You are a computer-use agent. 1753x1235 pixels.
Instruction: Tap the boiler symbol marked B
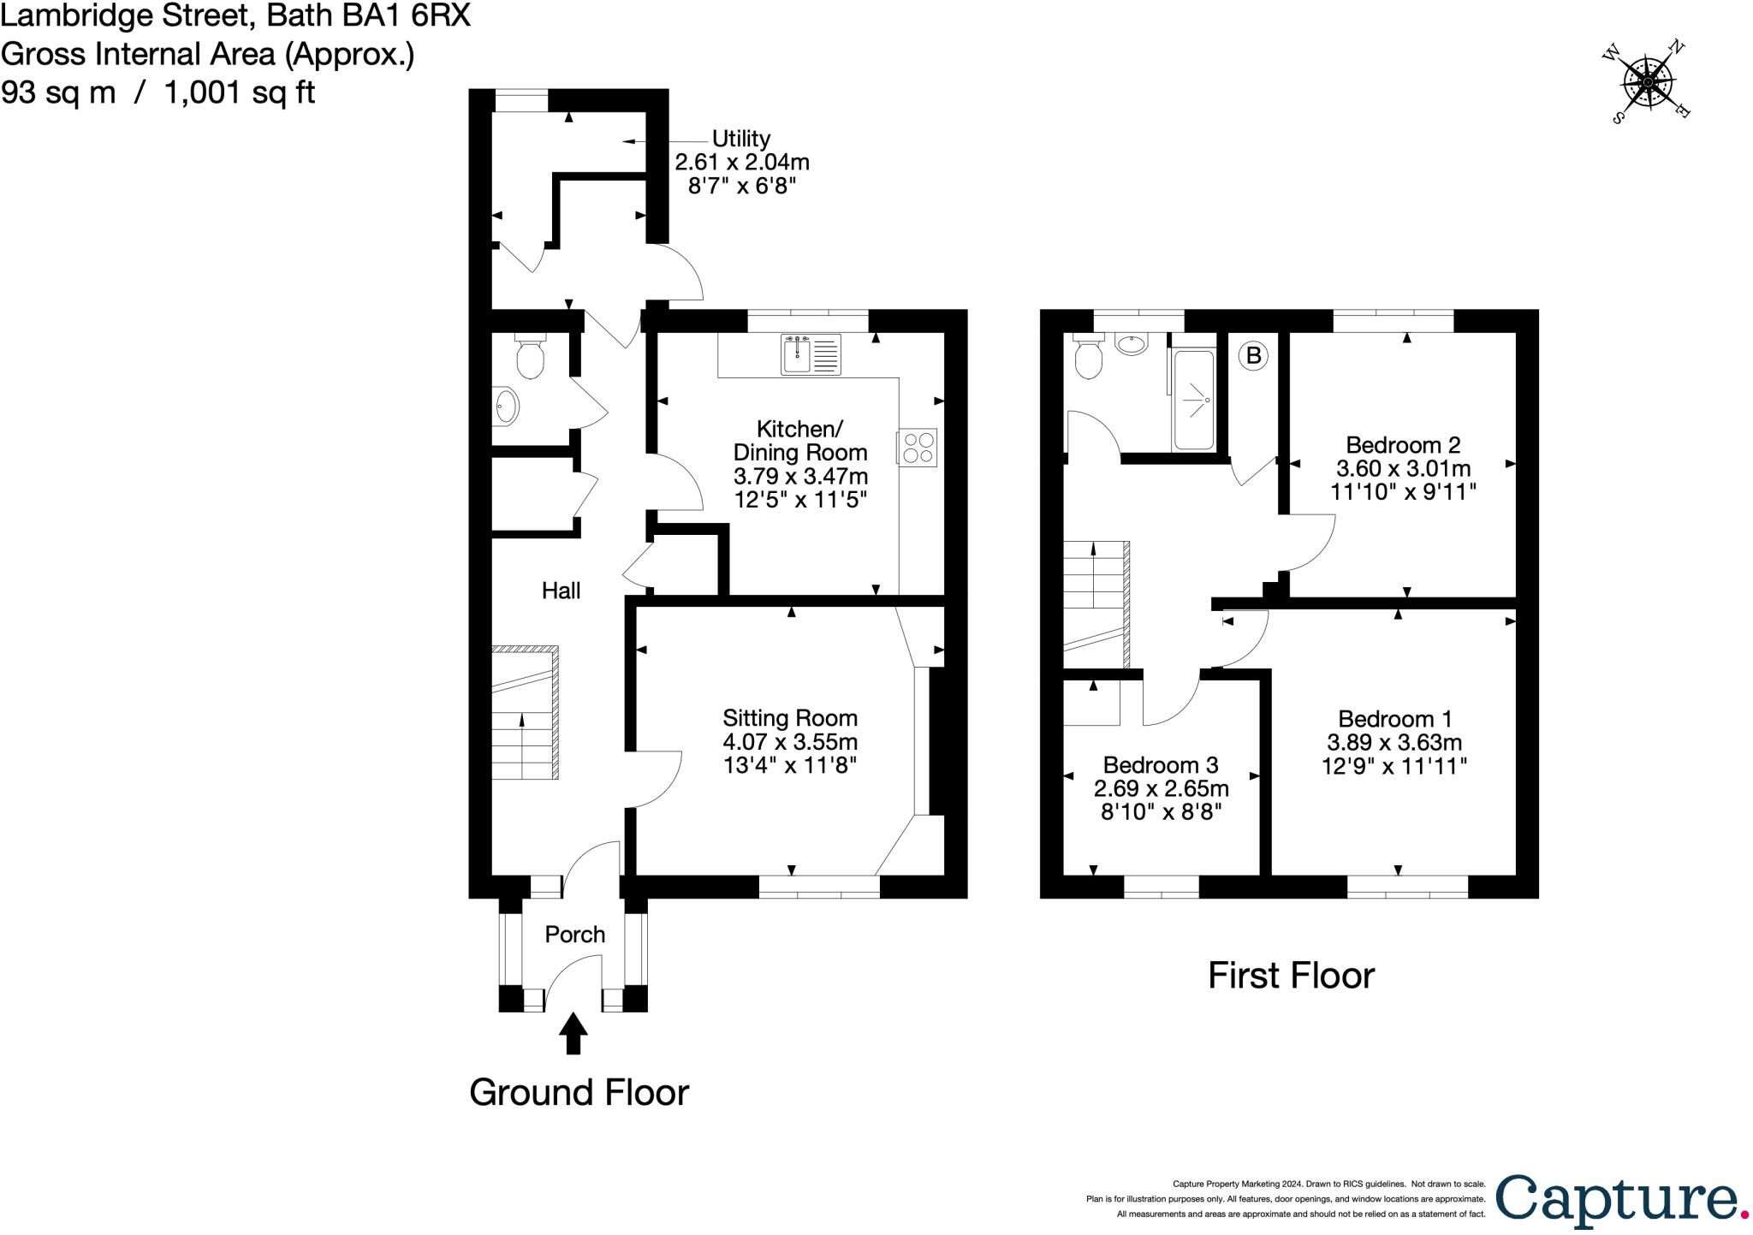click(1254, 355)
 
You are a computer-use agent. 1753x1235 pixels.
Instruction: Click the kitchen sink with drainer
click(811, 354)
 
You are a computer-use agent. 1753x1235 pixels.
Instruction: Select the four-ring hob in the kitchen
click(917, 448)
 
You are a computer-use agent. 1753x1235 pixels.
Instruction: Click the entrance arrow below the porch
click(573, 1034)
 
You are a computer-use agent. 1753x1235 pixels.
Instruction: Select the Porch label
click(575, 935)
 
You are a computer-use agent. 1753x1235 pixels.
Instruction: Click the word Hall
click(561, 591)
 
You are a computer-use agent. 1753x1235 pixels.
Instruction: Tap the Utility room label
click(741, 139)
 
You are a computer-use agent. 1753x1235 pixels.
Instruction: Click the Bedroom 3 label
click(1161, 765)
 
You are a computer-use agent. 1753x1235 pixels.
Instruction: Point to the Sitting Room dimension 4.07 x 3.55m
click(790, 741)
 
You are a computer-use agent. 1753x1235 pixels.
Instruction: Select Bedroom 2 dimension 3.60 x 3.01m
click(1404, 468)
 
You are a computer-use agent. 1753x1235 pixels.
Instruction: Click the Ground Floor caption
click(579, 1093)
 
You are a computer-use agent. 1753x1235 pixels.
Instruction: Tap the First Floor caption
click(1291, 976)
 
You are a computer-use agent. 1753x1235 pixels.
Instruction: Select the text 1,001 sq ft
click(239, 92)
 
